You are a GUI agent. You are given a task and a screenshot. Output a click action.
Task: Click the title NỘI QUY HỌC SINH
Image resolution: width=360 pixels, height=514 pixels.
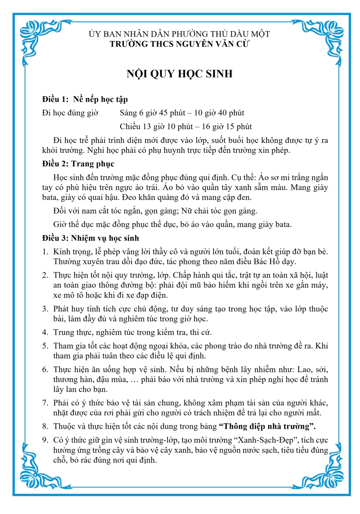pyautogui.click(x=180, y=74)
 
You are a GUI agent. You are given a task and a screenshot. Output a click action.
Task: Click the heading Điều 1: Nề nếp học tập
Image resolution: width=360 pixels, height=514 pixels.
pyautogui.click(x=85, y=99)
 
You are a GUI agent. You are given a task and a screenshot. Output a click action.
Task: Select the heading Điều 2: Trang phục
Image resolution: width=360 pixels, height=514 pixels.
pyautogui.click(x=78, y=164)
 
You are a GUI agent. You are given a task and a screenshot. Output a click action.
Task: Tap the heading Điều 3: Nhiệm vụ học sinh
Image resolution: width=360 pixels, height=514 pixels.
pyautogui.click(x=91, y=238)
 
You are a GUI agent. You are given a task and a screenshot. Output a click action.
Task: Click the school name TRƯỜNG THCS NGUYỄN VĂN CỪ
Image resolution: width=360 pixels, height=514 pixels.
pyautogui.click(x=180, y=44)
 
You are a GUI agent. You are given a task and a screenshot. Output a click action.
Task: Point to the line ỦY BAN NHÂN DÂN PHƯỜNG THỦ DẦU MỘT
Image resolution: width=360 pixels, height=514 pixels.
pyautogui.click(x=180, y=34)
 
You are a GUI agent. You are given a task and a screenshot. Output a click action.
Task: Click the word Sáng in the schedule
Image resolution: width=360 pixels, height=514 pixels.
pyautogui.click(x=128, y=113)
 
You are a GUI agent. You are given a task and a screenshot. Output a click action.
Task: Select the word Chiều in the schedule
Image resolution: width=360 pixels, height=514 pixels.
pyautogui.click(x=130, y=127)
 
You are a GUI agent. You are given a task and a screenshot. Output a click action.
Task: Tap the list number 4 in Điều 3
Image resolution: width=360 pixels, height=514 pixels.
pyautogui.click(x=45, y=332)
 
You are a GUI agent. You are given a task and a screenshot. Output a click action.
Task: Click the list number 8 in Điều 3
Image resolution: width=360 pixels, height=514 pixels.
pyautogui.click(x=45, y=427)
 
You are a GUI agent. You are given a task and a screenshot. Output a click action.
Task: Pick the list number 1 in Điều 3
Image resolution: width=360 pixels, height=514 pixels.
pyautogui.click(x=45, y=252)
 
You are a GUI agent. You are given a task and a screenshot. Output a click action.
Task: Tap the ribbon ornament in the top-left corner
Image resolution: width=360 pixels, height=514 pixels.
pyautogui.click(x=34, y=38)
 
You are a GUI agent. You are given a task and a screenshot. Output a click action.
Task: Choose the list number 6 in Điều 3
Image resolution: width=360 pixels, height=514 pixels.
pyautogui.click(x=45, y=370)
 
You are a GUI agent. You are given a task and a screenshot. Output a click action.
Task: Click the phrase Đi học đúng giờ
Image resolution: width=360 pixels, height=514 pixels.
pyautogui.click(x=70, y=113)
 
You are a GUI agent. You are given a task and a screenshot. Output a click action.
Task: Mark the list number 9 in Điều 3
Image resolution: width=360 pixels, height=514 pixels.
pyautogui.click(x=45, y=440)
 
